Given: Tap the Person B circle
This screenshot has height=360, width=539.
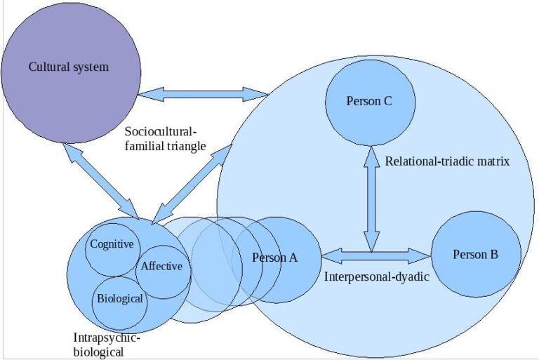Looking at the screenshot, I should pos(475,274).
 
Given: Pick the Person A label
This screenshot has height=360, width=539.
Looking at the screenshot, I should pos(275,258).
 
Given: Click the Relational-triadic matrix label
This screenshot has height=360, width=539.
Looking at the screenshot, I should pos(447,161).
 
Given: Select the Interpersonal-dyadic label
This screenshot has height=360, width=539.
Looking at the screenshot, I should pos(376,276).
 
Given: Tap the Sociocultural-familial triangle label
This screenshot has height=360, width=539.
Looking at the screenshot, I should pos(166,139).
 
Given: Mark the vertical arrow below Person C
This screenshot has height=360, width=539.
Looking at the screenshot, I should pos(371,196).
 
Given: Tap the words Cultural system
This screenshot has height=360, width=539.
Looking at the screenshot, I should pos(69,67).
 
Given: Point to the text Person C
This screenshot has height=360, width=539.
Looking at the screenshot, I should pos(369,101).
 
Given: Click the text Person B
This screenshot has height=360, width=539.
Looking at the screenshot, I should pos(475,254).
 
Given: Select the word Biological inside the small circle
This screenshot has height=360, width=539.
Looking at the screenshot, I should pos(119,298).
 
